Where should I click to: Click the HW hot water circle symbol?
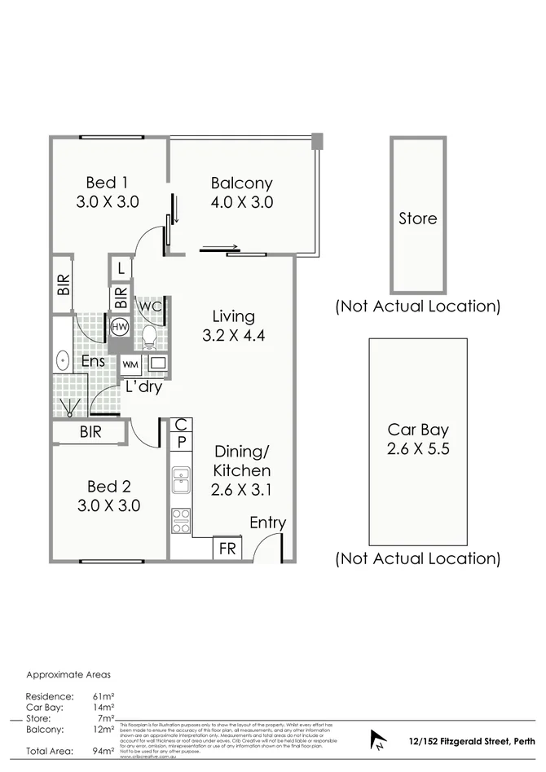(x=121, y=325)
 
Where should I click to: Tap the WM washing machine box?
(x=130, y=364)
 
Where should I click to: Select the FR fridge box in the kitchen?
(x=227, y=549)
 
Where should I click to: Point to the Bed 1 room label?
(x=108, y=183)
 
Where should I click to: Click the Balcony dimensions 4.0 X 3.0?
(x=241, y=202)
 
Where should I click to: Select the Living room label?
(x=233, y=316)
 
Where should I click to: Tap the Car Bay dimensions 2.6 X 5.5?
(x=418, y=448)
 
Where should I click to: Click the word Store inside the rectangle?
(x=417, y=218)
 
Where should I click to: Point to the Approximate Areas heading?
(x=68, y=675)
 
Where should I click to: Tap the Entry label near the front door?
(x=267, y=523)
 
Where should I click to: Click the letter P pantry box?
(x=181, y=442)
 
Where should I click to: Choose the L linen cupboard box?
(x=121, y=267)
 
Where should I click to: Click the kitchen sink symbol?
(x=181, y=481)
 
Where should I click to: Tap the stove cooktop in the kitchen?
(x=181, y=519)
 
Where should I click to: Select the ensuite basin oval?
(x=62, y=360)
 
